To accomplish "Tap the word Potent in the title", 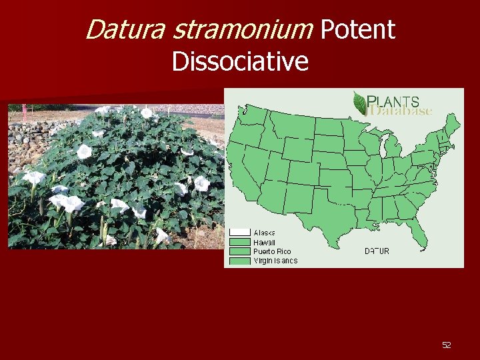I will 358,29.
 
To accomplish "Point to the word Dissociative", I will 240,61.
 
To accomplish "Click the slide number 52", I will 446,345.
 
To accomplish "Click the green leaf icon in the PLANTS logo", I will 360,103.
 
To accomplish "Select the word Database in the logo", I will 402,111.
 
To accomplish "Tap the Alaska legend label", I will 265,233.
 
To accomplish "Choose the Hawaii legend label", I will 265,242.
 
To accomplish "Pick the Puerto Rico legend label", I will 272,251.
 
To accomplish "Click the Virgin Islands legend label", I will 275,261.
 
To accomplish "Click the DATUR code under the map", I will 377,251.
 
